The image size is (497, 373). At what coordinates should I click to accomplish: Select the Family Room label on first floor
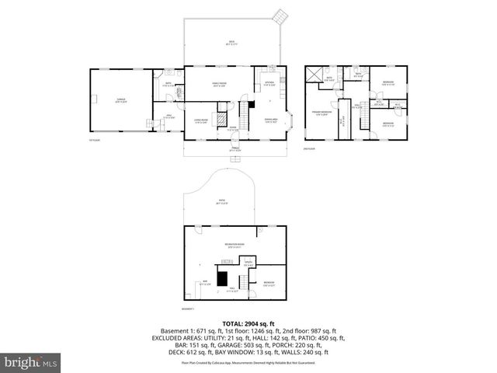pyautogui.click(x=219, y=84)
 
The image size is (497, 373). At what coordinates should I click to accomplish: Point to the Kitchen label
pyautogui.click(x=269, y=83)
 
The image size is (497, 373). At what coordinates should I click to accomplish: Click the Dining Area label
pyautogui.click(x=272, y=121)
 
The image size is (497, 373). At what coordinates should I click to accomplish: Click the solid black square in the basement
pyautogui.click(x=223, y=277)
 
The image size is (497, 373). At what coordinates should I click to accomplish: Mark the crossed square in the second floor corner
pyautogui.click(x=315, y=74)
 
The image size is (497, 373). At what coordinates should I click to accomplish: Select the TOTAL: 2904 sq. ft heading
pyautogui.click(x=248, y=322)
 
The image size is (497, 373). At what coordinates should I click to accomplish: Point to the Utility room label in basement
pyautogui.click(x=248, y=264)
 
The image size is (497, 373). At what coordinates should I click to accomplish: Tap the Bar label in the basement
pyautogui.click(x=206, y=282)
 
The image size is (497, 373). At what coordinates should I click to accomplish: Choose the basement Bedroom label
pyautogui.click(x=269, y=282)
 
